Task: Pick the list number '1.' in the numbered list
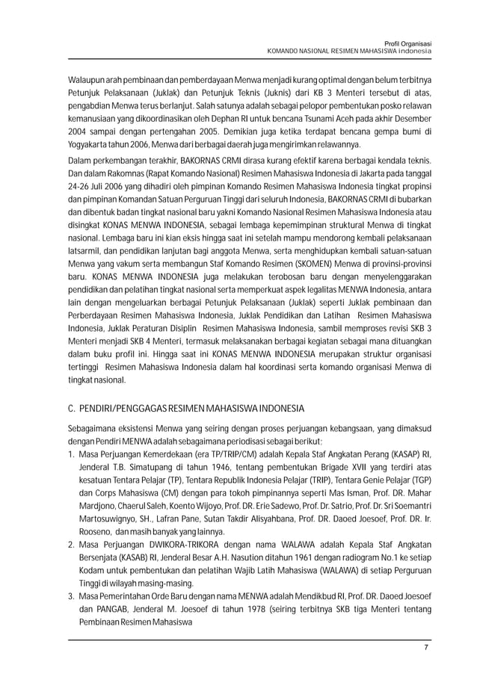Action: tap(72, 455)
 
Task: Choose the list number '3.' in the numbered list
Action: tap(72, 598)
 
